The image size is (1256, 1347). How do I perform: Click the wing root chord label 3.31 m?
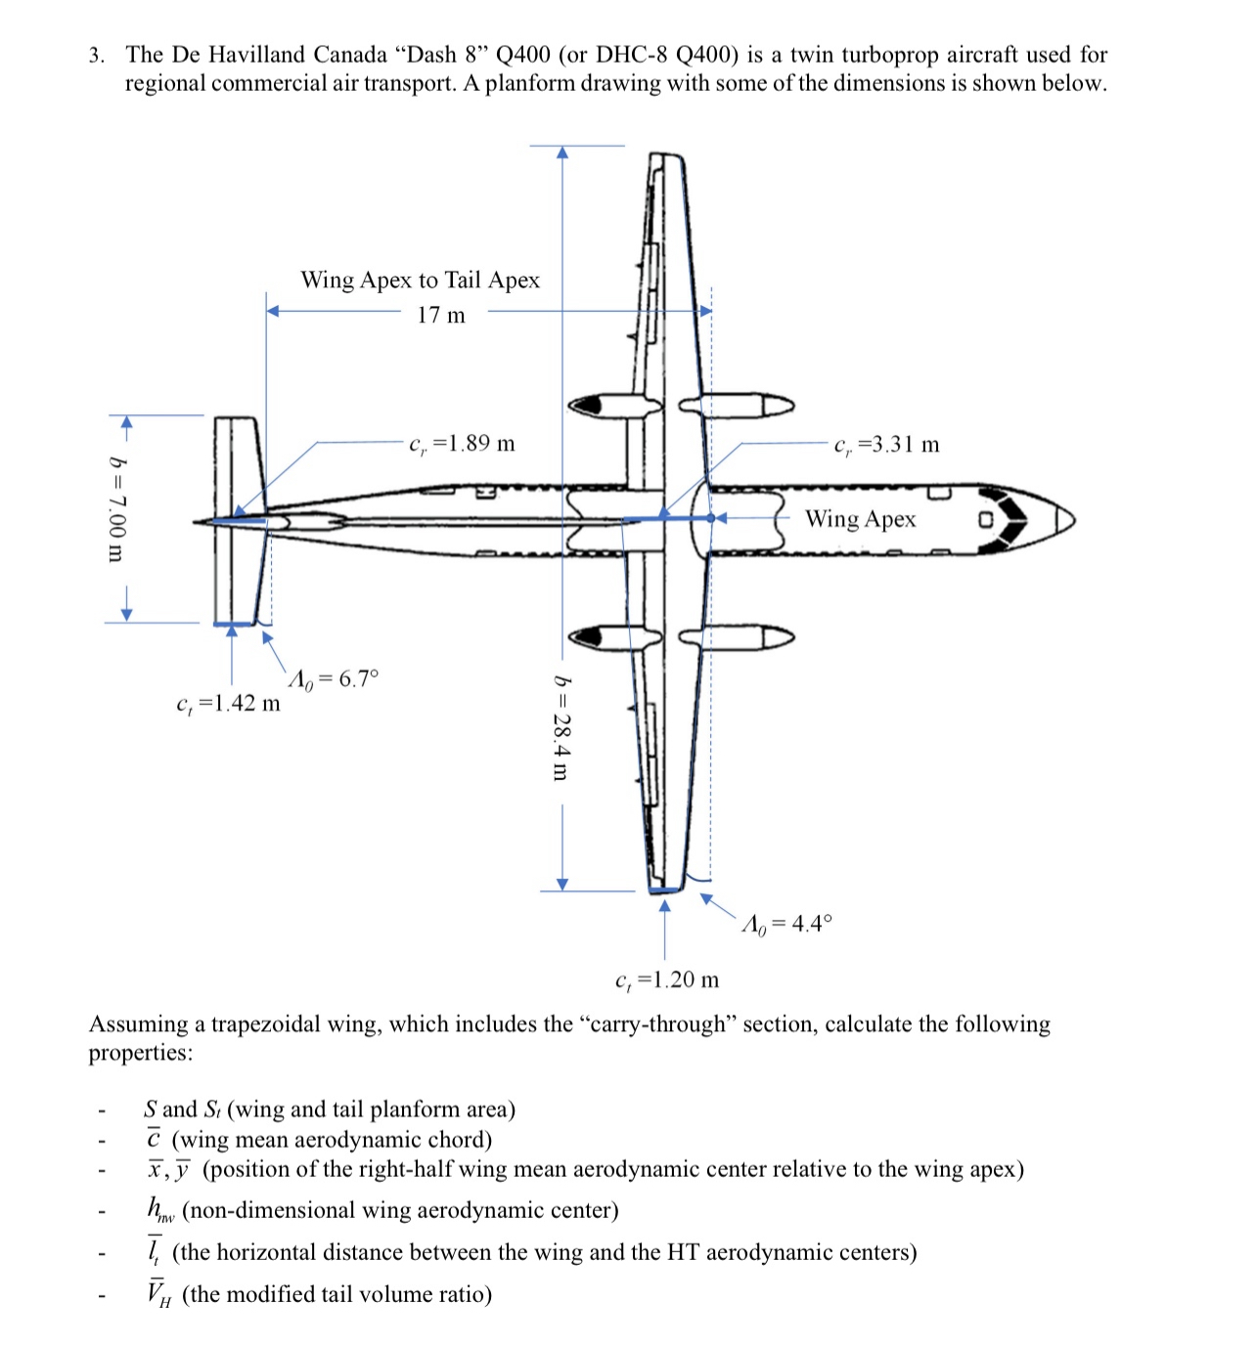pyautogui.click(x=887, y=445)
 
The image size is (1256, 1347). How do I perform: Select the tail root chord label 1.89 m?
pyautogui.click(x=462, y=444)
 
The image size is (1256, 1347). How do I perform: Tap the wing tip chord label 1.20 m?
pyautogui.click(x=667, y=979)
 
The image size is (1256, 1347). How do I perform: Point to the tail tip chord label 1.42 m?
pyautogui.click(x=228, y=703)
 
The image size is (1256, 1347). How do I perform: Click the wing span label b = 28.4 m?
pyautogui.click(x=561, y=727)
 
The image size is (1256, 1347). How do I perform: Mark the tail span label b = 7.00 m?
pyautogui.click(x=116, y=508)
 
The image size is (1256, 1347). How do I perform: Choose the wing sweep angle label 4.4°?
pyautogui.click(x=788, y=924)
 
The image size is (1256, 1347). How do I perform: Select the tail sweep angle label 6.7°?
pyautogui.click(x=334, y=678)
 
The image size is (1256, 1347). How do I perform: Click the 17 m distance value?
pyautogui.click(x=441, y=315)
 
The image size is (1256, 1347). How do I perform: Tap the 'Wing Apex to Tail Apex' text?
pyautogui.click(x=420, y=281)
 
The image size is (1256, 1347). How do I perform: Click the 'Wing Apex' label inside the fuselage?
pyautogui.click(x=860, y=519)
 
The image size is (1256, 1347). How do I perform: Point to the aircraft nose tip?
pyautogui.click(x=1073, y=519)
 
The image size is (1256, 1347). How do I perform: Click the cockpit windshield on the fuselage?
pyautogui.click(x=1013, y=519)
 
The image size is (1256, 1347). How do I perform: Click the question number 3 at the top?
pyautogui.click(x=96, y=55)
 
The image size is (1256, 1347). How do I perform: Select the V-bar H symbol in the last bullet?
pyautogui.click(x=157, y=1294)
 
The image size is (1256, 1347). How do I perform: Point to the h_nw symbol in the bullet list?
pyautogui.click(x=159, y=1210)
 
